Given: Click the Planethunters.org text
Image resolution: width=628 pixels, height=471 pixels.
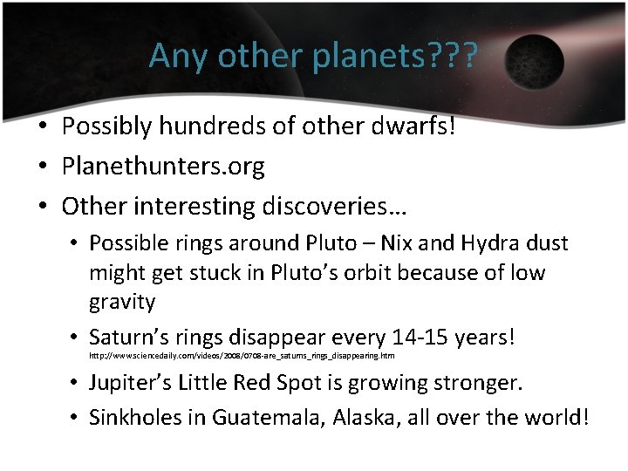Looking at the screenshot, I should click(163, 166).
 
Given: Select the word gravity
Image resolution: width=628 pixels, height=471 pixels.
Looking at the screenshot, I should click(122, 302).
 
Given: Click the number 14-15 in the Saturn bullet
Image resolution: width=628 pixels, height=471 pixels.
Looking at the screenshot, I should click(414, 336).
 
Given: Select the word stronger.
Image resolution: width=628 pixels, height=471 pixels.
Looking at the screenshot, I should click(479, 383).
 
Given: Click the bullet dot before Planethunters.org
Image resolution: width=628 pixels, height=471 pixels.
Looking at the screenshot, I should click(42, 166).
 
